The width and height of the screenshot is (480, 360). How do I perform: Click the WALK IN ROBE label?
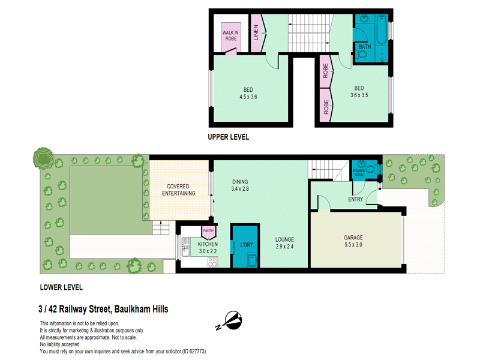click(230, 35)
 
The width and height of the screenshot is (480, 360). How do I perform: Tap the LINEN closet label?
click(256, 32)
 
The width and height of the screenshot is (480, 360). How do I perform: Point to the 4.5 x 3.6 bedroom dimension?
click(248, 97)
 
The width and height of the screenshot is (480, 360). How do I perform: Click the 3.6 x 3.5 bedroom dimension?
click(359, 95)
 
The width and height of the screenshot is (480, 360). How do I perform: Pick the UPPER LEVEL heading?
click(229, 137)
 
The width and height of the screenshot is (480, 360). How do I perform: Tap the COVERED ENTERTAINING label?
click(178, 190)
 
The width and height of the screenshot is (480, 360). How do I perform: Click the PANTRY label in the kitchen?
click(208, 231)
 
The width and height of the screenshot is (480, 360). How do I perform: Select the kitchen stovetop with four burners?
click(212, 262)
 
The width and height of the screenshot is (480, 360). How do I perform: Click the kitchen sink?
click(185, 247)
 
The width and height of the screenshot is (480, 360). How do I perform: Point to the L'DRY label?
click(246, 245)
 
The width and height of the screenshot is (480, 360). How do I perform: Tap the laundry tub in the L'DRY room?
click(252, 260)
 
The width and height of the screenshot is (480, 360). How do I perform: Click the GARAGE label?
click(353, 237)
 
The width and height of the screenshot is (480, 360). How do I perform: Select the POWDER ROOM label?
click(359, 173)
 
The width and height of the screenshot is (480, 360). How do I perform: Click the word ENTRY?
click(355, 199)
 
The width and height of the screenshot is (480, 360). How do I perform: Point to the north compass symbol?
click(230, 321)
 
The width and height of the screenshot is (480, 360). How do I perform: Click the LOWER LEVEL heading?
click(61, 287)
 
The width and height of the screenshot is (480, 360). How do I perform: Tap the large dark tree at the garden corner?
click(43, 158)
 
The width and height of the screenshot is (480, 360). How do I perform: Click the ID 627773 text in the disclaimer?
click(194, 352)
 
